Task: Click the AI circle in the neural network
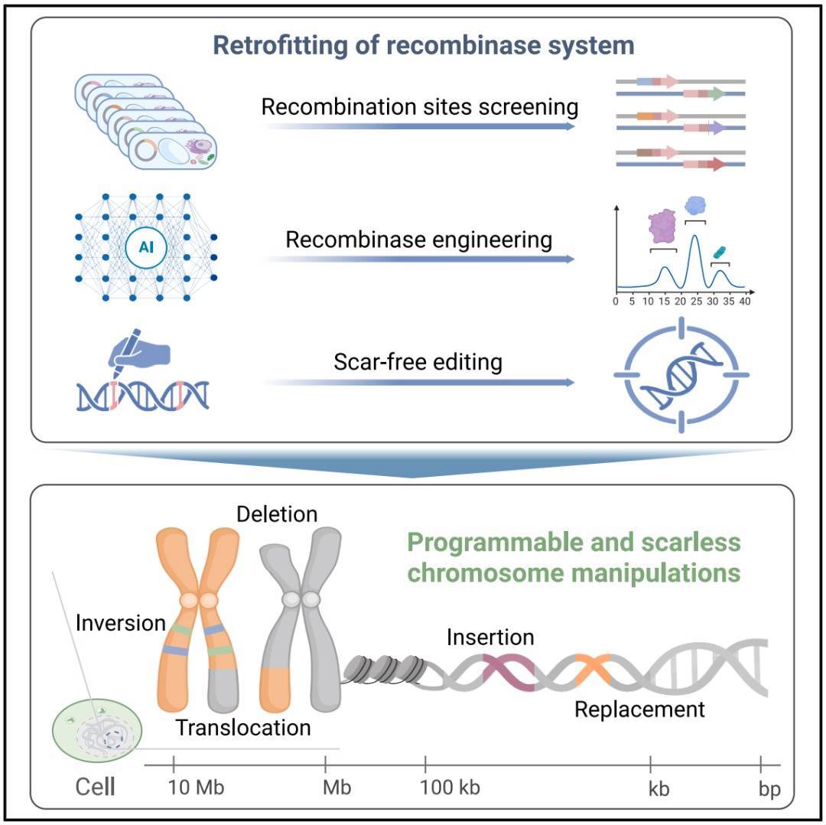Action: click(146, 246)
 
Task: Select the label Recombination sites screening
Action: click(419, 106)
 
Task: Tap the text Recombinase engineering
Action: click(419, 240)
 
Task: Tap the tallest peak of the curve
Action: click(696, 239)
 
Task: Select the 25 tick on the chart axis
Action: click(696, 301)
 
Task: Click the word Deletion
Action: click(276, 514)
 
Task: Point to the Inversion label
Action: click(121, 623)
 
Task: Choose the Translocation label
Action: click(243, 727)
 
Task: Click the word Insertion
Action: click(490, 637)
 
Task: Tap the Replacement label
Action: click(639, 709)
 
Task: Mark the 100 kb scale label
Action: click(450, 787)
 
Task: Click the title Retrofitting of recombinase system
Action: click(423, 45)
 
